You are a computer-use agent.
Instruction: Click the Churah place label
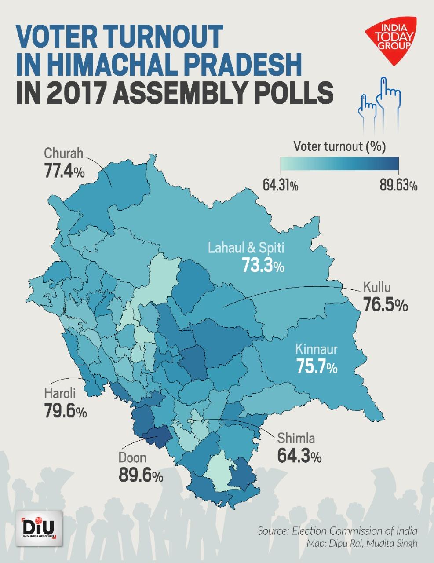[64, 154]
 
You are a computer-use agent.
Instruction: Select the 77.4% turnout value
[64, 171]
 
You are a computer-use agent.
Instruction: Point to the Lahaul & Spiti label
[246, 248]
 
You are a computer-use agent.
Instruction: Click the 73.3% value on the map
[263, 265]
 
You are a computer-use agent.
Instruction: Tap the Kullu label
[377, 289]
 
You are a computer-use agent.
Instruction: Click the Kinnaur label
[316, 350]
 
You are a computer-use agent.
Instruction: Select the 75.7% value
[317, 366]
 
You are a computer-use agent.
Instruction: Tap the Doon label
[132, 457]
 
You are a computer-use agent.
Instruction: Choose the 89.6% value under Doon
[141, 475]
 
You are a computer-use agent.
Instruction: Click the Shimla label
[295, 438]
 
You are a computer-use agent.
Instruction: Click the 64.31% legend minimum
[281, 186]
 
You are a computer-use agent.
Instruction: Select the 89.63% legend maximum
[398, 186]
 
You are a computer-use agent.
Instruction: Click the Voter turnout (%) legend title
[339, 146]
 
